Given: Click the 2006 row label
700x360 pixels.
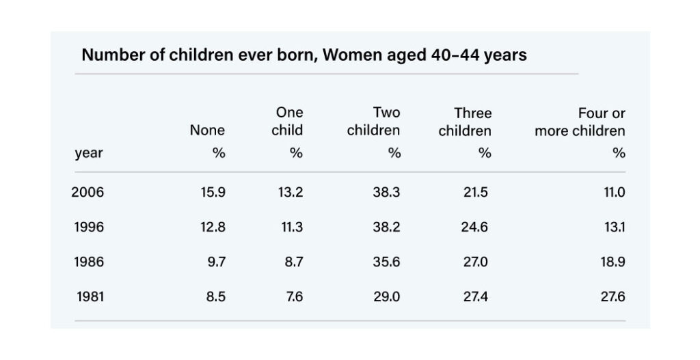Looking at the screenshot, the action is click(87, 192).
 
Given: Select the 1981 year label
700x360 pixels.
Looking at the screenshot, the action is click(90, 296).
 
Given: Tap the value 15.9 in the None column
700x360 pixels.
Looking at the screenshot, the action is click(213, 192).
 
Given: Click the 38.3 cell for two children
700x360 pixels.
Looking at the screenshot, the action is click(387, 192).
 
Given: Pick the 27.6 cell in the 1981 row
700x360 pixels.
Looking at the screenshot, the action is click(612, 296).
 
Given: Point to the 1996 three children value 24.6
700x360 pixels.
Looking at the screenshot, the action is click(474, 227).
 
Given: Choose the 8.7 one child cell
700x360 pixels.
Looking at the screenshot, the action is click(294, 262).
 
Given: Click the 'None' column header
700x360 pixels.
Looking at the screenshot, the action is click(208, 130).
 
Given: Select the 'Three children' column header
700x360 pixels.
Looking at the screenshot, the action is click(465, 122).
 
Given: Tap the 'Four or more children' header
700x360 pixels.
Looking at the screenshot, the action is click(580, 122).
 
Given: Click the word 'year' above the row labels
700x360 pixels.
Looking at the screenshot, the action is click(89, 154).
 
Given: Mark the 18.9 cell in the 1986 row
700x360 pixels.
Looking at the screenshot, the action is click(612, 262).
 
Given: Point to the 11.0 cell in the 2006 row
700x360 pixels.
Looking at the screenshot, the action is click(614, 192).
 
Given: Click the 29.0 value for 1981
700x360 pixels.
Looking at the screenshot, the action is click(387, 296).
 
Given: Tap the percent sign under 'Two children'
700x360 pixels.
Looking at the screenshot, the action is click(394, 154).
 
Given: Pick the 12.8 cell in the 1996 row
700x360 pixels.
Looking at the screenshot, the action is click(213, 227).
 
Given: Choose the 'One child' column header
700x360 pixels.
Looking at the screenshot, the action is click(288, 122).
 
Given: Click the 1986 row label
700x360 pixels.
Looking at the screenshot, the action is click(89, 262).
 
